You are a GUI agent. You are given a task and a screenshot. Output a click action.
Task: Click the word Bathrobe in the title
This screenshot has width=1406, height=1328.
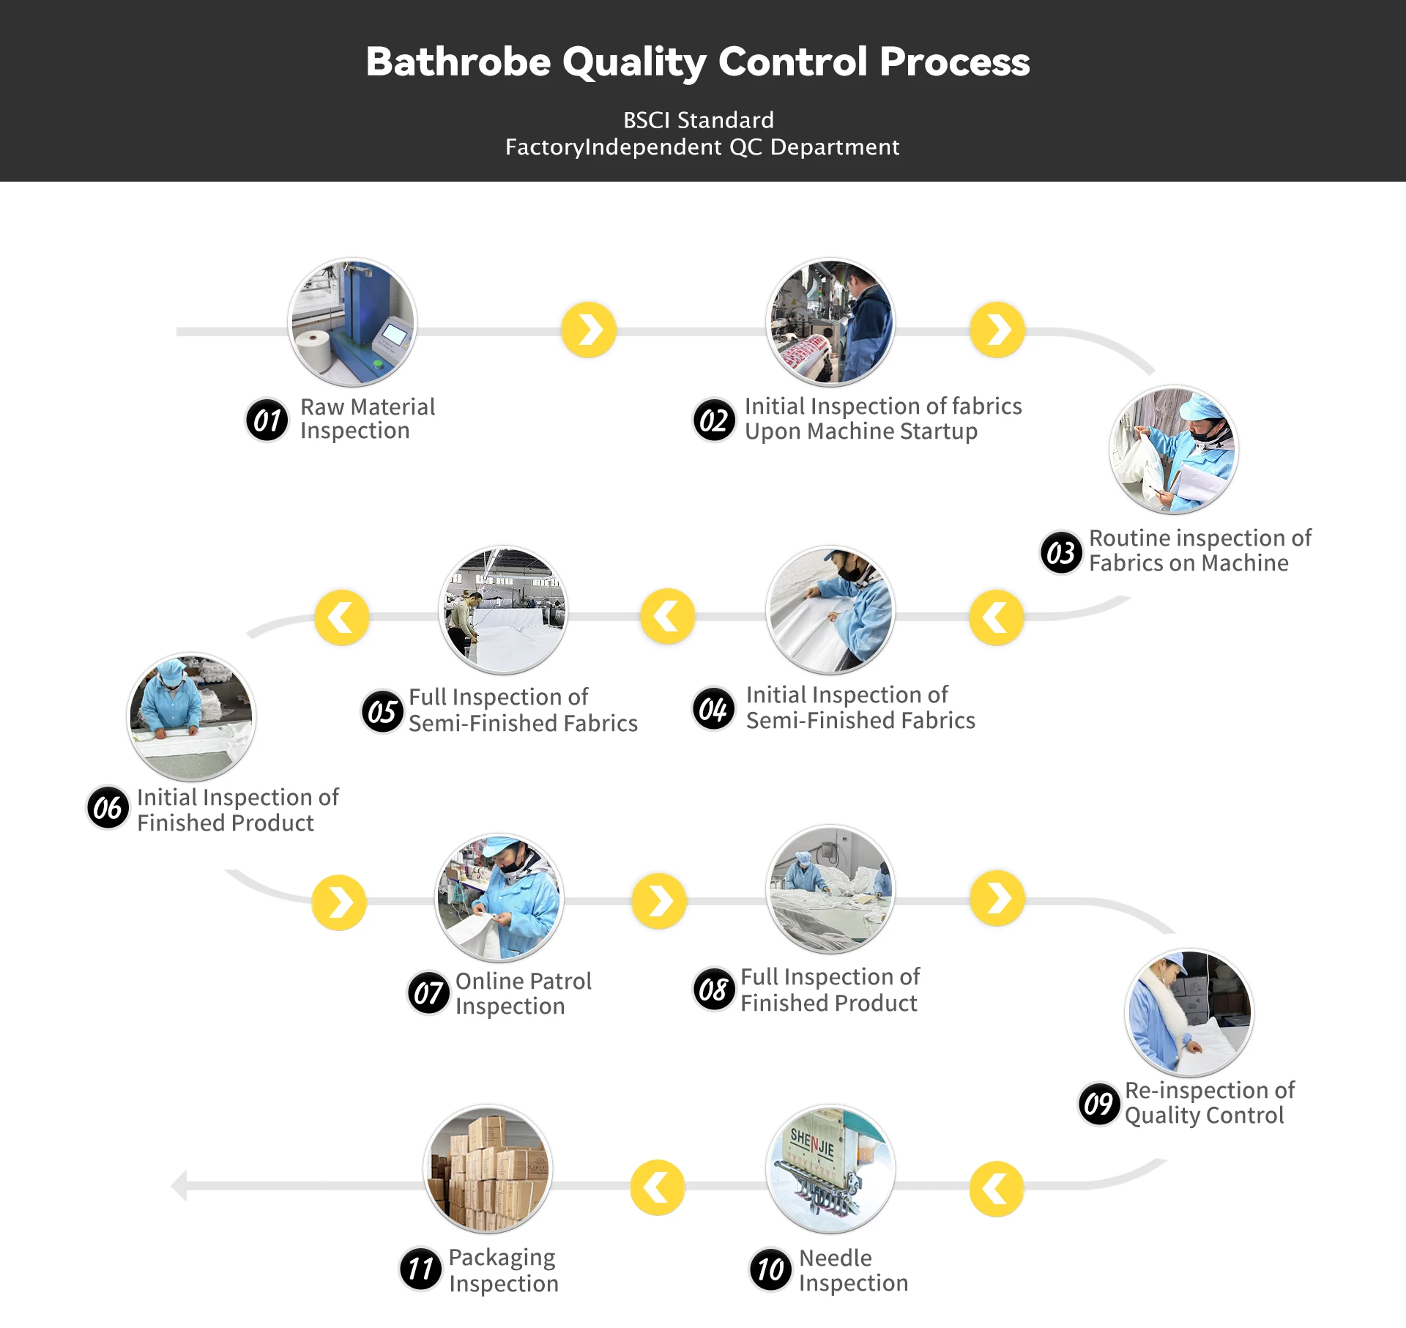click(458, 62)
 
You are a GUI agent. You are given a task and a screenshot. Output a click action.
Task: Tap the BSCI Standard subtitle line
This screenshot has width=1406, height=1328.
click(698, 120)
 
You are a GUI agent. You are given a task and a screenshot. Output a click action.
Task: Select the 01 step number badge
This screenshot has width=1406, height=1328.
click(267, 420)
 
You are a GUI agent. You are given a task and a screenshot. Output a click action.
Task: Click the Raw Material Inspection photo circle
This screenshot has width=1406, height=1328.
click(352, 322)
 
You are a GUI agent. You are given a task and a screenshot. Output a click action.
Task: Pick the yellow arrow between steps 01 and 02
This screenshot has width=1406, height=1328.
click(589, 330)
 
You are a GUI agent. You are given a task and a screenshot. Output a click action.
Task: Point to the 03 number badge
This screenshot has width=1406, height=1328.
click(1061, 552)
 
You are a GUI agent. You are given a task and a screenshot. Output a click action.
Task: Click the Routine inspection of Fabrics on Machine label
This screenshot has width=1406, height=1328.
click(1199, 550)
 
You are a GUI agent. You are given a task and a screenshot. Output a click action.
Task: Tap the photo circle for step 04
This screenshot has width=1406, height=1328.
click(830, 610)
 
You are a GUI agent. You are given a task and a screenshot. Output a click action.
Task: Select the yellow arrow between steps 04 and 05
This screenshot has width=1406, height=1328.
click(667, 617)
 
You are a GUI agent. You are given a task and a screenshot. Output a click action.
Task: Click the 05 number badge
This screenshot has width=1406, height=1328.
click(382, 711)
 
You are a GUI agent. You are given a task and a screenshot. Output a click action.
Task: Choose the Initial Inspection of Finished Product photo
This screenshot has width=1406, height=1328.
click(191, 717)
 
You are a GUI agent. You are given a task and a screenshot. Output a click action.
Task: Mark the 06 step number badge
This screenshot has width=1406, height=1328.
click(108, 808)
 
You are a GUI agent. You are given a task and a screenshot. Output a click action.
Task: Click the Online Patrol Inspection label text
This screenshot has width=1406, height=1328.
click(523, 993)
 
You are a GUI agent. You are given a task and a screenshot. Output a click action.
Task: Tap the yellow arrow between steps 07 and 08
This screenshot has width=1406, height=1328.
click(659, 901)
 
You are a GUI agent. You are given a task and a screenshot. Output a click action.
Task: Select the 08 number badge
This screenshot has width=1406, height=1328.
click(713, 990)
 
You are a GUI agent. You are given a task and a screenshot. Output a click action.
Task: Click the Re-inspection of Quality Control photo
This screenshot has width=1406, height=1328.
click(1189, 1013)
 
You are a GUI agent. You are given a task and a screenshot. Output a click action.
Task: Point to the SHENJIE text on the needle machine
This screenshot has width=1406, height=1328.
click(812, 1143)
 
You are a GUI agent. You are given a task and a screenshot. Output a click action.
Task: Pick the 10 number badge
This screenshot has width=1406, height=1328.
click(770, 1269)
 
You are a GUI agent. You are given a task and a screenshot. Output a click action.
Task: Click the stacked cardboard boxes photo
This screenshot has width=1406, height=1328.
click(488, 1169)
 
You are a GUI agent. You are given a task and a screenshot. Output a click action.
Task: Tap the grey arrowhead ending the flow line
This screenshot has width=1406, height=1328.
click(179, 1186)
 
